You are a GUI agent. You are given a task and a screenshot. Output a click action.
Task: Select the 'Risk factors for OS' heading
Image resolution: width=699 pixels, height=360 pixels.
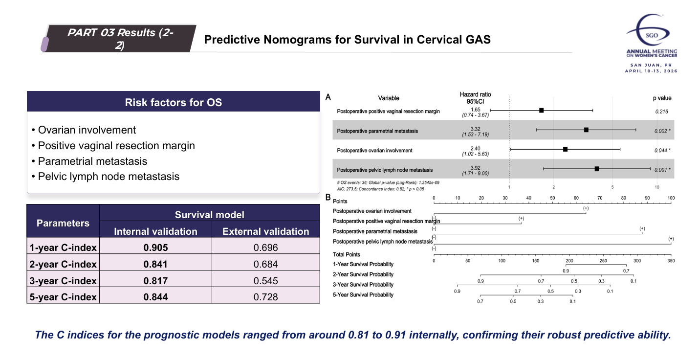[x=173, y=102]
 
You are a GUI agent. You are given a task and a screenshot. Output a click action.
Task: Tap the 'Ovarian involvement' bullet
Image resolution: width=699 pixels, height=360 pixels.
[x=87, y=130]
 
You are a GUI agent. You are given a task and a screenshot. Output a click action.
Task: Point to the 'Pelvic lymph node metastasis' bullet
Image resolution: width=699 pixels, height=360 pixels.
[x=109, y=177]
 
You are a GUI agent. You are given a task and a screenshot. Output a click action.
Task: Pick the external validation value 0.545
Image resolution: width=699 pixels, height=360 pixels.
[x=265, y=281]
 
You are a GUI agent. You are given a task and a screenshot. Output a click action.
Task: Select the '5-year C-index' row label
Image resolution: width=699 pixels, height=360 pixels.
[x=63, y=296]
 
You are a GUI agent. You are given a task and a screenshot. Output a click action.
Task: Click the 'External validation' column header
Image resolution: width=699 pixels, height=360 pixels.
[x=265, y=231]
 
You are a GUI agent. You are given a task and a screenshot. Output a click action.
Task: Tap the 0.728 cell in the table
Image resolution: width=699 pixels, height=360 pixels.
[x=265, y=296]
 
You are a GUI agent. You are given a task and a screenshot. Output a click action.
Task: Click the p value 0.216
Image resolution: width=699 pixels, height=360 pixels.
[x=662, y=112]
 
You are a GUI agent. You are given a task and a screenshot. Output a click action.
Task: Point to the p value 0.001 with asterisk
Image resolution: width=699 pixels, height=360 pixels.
[x=662, y=170]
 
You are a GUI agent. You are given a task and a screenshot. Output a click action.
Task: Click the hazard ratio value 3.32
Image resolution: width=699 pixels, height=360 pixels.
[x=476, y=129]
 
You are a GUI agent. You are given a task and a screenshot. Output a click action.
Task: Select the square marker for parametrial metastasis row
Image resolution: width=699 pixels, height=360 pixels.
[x=586, y=130]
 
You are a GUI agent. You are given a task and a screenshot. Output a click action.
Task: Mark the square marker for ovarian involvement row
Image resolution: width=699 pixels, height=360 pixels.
[x=565, y=149]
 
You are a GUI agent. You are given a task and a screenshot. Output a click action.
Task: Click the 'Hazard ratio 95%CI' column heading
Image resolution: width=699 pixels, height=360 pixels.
[x=476, y=97]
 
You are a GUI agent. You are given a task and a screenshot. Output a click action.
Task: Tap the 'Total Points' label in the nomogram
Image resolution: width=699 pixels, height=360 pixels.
[x=346, y=254]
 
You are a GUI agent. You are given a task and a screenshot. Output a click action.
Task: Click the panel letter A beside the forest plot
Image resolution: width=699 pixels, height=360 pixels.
[x=328, y=97]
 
